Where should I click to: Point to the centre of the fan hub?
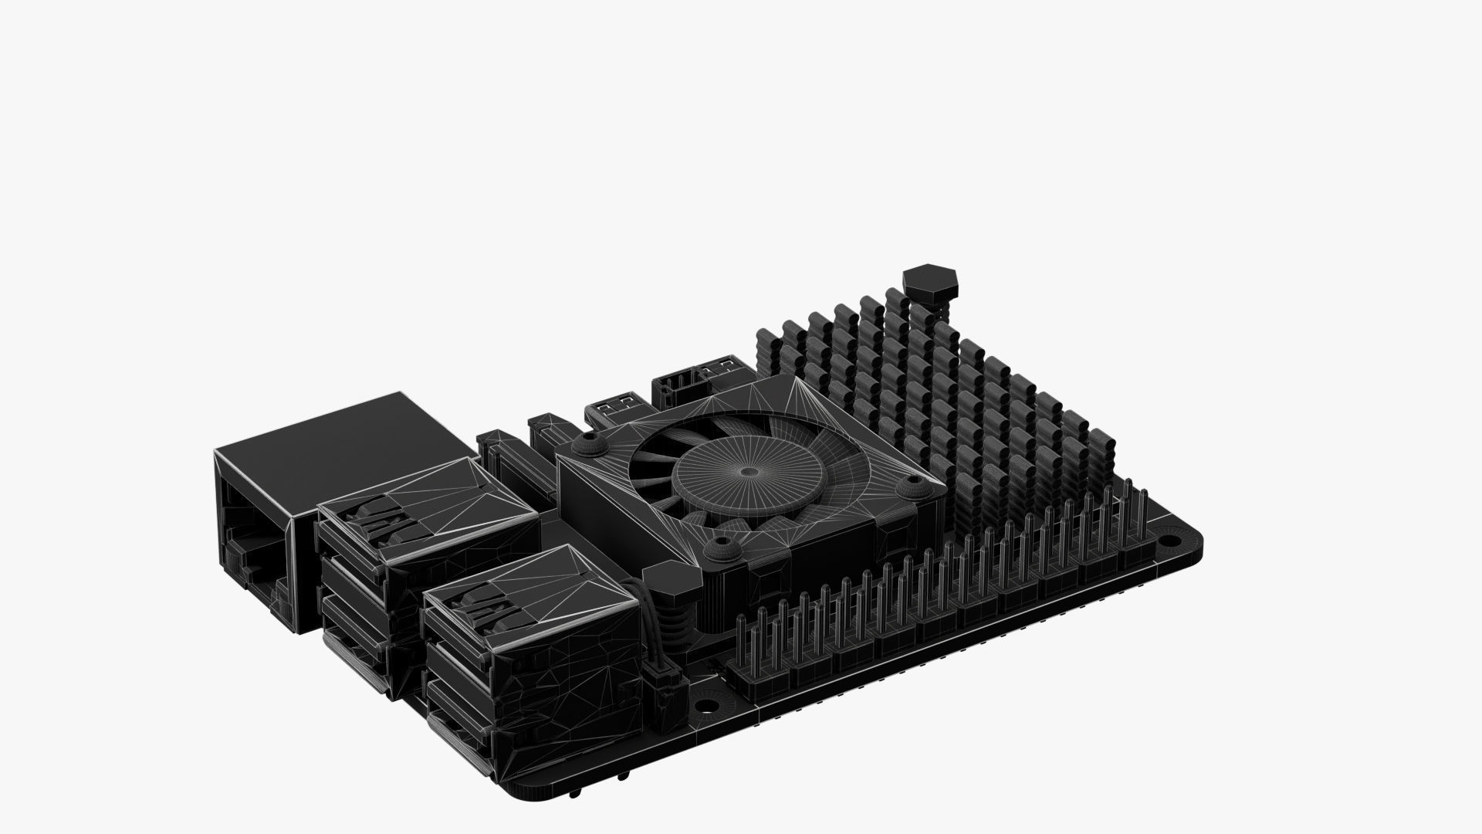tap(747, 472)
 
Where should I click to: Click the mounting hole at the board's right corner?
tap(1169, 538)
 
